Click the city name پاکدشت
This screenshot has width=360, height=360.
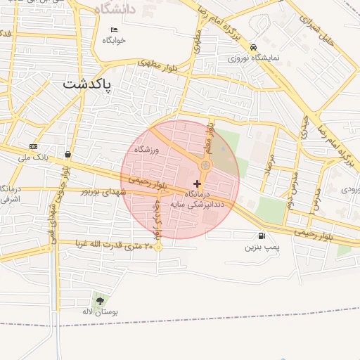coord(87,84)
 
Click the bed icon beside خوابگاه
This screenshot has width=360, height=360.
coord(115,30)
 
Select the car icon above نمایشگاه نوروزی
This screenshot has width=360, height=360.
coord(252,46)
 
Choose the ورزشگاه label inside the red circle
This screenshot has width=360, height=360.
coord(148,150)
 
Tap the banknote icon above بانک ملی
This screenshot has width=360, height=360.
coord(32,146)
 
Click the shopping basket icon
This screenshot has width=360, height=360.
coord(67,154)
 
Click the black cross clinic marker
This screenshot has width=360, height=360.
coord(197,183)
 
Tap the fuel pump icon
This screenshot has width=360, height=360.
coord(262,236)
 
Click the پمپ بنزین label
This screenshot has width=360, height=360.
coord(262,247)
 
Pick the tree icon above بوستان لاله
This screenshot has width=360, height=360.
coord(97,300)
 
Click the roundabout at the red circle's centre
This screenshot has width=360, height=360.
coord(205,165)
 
